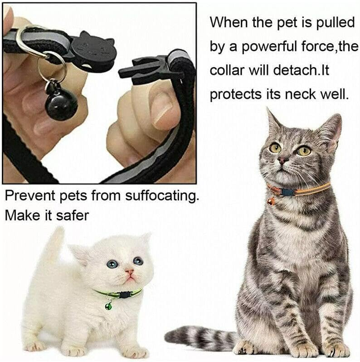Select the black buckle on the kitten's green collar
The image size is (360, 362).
coord(124,295)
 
